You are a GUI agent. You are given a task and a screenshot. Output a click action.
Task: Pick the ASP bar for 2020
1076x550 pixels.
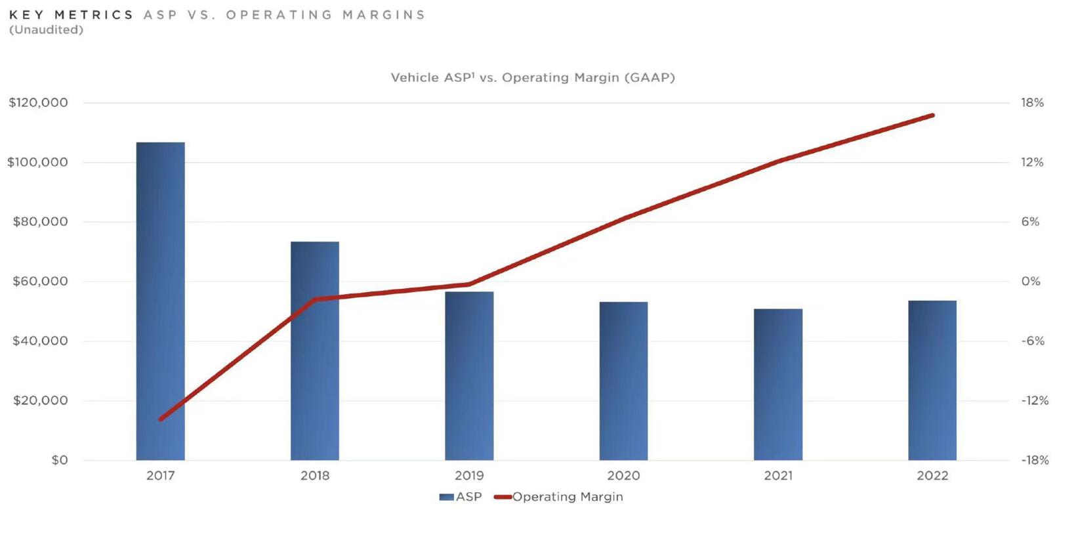(623, 381)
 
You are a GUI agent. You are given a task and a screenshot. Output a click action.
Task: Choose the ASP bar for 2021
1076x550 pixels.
(778, 384)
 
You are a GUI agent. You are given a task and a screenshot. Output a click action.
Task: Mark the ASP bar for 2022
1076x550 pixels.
(932, 380)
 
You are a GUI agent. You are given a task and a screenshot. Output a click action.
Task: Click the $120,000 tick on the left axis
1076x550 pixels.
(38, 102)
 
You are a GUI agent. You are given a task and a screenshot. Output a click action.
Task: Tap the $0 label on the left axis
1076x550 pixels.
(60, 460)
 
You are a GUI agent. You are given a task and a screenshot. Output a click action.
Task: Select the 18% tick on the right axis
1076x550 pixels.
(1032, 102)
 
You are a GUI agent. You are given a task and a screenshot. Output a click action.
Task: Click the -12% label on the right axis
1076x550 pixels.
(1035, 400)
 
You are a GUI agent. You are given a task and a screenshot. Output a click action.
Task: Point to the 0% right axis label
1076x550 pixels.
(1031, 282)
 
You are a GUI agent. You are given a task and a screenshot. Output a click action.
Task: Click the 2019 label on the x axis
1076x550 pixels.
(469, 475)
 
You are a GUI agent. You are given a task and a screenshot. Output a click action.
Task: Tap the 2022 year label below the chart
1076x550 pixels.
(932, 475)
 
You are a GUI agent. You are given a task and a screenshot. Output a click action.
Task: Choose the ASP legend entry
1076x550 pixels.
(461, 497)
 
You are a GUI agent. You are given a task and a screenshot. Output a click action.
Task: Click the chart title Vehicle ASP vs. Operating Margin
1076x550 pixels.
(533, 77)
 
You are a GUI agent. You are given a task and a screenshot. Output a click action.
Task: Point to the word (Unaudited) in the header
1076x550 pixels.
(46, 30)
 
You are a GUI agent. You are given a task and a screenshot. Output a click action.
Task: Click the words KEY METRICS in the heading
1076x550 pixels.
(72, 14)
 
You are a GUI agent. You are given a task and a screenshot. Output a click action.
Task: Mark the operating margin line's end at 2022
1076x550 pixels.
(932, 116)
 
